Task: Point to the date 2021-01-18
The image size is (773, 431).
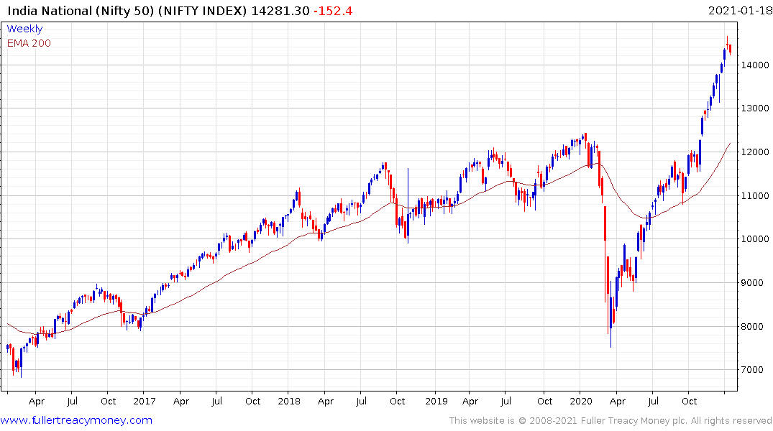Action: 738,11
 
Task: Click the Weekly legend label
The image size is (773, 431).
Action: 24,29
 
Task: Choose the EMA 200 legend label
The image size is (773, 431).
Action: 29,43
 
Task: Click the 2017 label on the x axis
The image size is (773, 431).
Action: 144,402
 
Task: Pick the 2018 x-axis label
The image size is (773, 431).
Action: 289,402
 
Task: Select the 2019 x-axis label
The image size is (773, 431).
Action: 436,402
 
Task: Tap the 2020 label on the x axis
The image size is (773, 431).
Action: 581,402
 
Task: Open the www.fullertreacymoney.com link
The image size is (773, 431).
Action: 76,420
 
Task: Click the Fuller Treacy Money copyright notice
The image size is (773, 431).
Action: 610,420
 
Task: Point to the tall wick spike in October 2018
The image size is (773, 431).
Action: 408,194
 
